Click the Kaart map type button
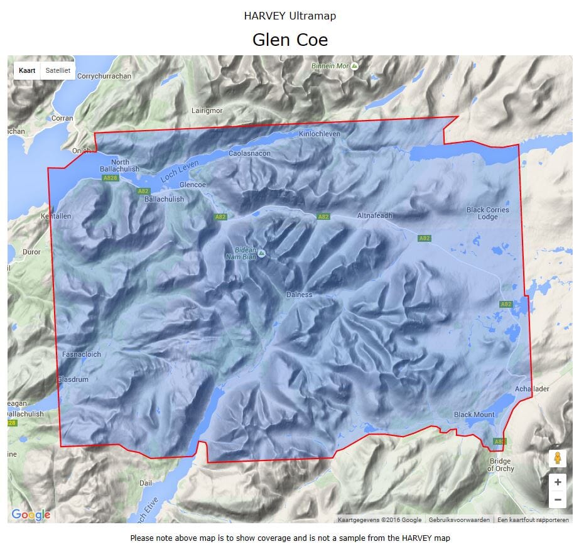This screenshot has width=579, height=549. coord(27,70)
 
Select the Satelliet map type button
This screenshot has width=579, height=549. coord(58,70)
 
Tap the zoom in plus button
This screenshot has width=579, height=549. coord(557,482)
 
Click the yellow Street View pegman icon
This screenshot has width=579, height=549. coord(557,459)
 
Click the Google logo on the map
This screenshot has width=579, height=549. coord(31,515)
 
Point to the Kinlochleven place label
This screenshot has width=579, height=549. coord(320,134)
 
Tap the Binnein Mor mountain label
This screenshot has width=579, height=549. coord(331,65)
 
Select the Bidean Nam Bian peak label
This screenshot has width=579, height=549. coord(242,253)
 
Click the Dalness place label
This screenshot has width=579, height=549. coord(299,294)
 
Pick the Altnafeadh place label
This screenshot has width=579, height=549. coord(374,215)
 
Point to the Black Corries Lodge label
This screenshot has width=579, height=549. coord(487,214)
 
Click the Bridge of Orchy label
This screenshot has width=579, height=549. coord(501,465)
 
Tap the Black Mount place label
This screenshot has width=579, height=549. coord(474,415)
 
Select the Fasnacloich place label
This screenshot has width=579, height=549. coord(82,354)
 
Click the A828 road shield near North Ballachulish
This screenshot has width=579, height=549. coord(110,178)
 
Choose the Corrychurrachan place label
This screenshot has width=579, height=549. coord(104,76)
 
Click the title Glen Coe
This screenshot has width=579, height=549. coord(289,40)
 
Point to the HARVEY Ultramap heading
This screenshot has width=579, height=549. coord(289,16)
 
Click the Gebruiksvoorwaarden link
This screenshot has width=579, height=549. coord(458,520)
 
